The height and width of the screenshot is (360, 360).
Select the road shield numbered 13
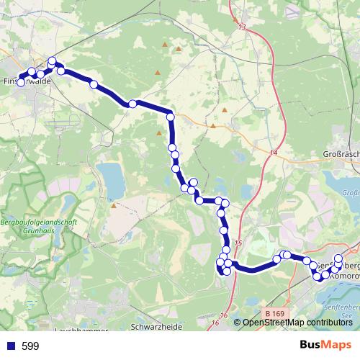tap(240, 27)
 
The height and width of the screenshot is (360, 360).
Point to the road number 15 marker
tap(238, 246)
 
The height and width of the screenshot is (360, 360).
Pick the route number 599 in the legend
tap(30, 346)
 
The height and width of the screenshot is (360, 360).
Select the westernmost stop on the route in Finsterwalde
tap(21, 83)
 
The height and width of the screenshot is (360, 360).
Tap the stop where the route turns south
tap(171, 116)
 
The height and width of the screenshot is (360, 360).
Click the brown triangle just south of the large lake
tap(114, 205)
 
